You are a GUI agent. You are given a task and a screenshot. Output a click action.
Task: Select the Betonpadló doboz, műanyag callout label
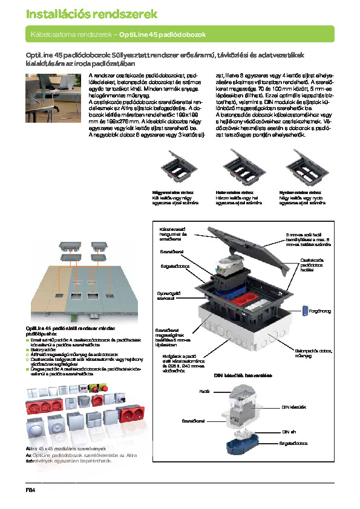click(x=314, y=352)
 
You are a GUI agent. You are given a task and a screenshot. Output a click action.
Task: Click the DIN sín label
click(x=290, y=432)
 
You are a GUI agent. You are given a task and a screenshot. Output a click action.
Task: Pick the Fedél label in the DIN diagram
click(x=204, y=392)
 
